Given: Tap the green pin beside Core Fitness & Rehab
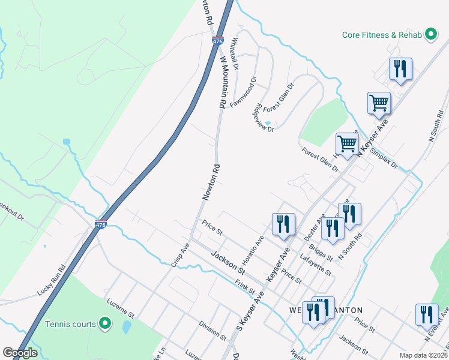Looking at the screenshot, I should [x=430, y=35].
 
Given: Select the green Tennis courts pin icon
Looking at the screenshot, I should [x=105, y=324].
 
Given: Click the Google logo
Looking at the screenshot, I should [x=20, y=353].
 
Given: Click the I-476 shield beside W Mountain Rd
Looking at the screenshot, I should [x=217, y=41].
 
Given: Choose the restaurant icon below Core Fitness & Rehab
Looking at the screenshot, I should [x=400, y=68].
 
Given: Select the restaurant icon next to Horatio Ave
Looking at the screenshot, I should [x=283, y=224].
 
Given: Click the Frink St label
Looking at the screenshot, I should [x=245, y=287].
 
